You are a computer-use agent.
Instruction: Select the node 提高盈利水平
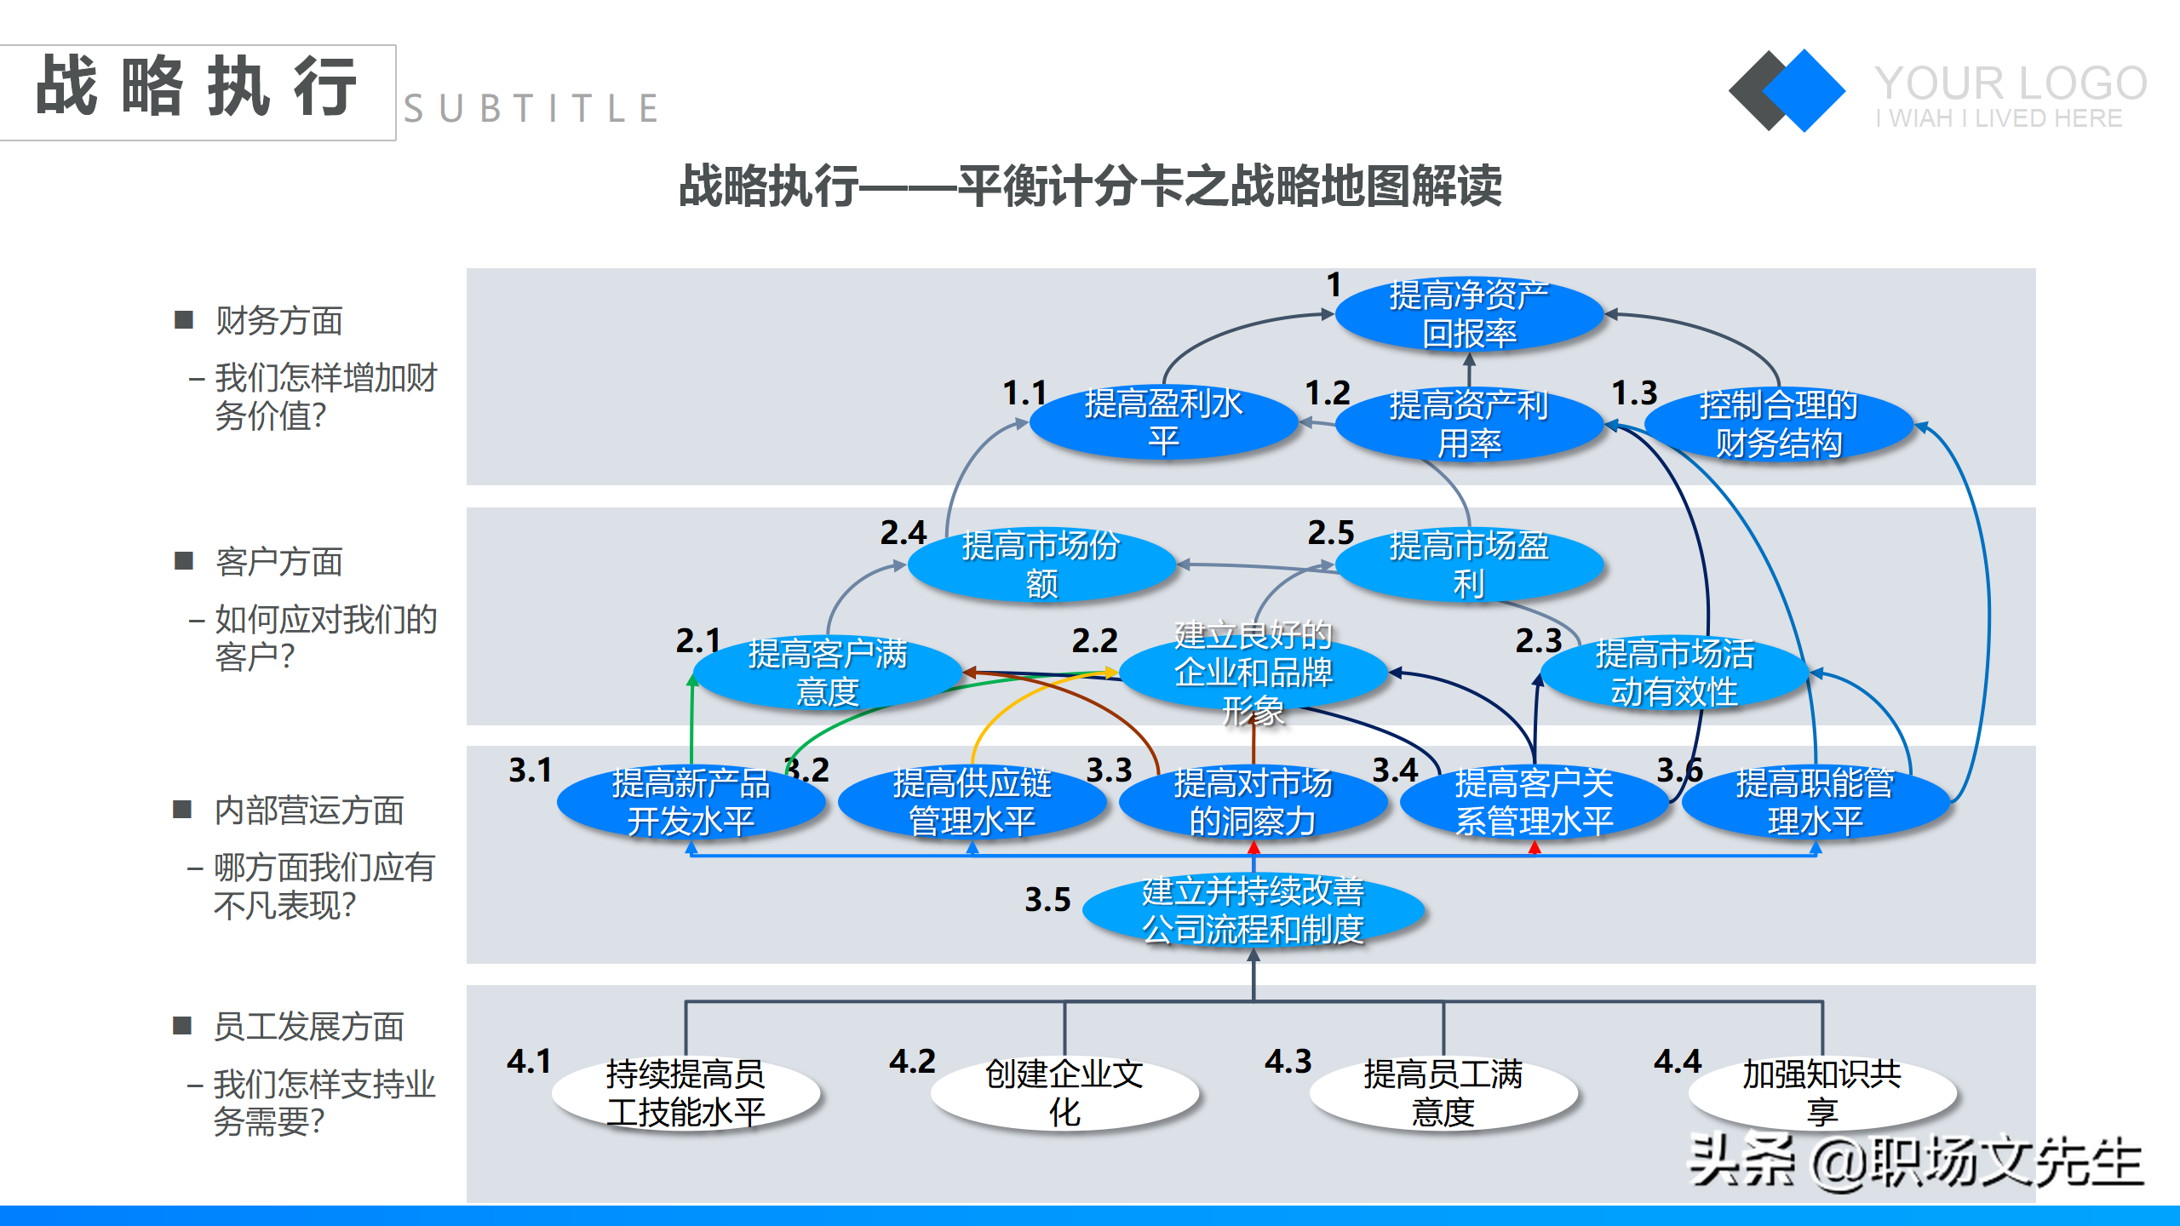(1163, 423)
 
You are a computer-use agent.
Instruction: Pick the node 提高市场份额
(1041, 564)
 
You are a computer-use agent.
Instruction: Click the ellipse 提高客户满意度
(827, 673)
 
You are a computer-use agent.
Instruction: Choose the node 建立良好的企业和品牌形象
(1253, 673)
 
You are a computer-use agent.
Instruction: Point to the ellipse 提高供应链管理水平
(972, 802)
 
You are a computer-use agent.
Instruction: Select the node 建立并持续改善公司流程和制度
(1253, 910)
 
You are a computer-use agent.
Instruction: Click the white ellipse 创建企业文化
(1064, 1093)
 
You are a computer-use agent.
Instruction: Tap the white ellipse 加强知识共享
(1822, 1093)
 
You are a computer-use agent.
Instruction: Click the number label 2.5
(1331, 533)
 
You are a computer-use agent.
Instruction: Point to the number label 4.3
(1288, 1062)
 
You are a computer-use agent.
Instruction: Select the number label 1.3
(1635, 393)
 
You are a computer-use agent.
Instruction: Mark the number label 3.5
(1047, 900)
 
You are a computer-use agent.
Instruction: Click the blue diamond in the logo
(1804, 90)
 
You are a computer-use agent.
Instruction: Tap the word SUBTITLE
(531, 109)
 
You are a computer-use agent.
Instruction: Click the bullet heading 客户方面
(278, 562)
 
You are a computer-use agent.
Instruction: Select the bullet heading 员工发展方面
(308, 1027)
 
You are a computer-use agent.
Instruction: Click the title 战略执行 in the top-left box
(197, 87)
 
